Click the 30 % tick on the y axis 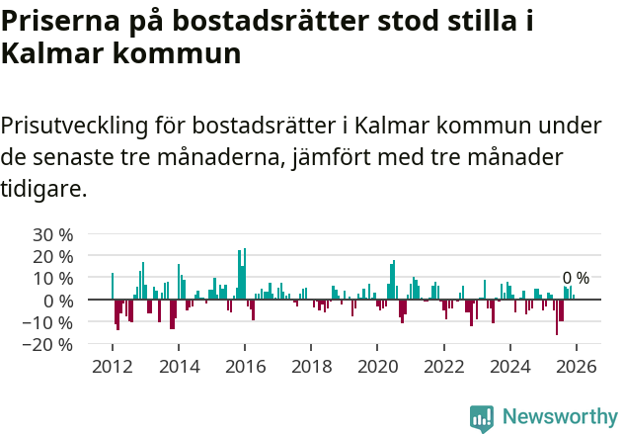[53, 234]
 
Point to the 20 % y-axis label [53, 257]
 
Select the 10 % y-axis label [53, 279]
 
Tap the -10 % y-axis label [50, 322]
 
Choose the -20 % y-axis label [50, 344]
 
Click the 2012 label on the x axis [113, 366]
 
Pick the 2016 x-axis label [245, 366]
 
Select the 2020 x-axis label [377, 366]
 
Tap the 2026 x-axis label [576, 366]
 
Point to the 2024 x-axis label [509, 366]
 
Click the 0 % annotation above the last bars [576, 278]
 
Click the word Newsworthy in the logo [560, 417]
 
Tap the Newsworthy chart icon [482, 417]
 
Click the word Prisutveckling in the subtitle [75, 126]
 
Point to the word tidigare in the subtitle [43, 187]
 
